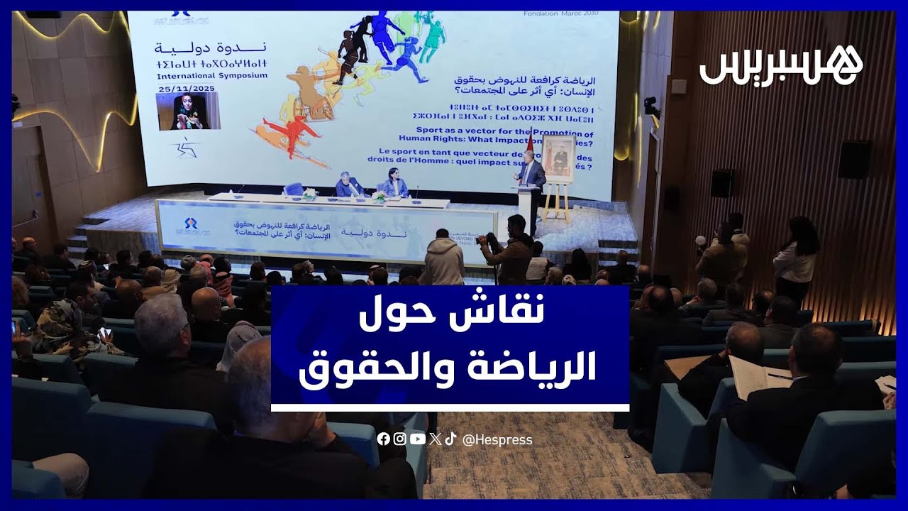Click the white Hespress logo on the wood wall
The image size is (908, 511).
click(781, 67)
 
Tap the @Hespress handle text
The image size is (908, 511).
click(497, 440)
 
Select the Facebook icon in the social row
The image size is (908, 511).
click(383, 439)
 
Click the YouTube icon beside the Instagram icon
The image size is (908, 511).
click(417, 439)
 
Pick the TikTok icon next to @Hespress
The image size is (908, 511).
click(450, 439)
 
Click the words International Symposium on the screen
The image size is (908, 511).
click(212, 75)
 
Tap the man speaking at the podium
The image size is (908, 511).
click(531, 170)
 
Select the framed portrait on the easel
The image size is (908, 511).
click(558, 157)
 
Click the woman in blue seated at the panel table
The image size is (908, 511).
click(394, 185)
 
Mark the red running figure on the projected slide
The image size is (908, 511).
click(291, 133)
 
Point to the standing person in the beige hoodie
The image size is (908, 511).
click(443, 259)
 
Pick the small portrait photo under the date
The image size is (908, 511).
click(187, 111)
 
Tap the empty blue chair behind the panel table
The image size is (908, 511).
click(294, 189)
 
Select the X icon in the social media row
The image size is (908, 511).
click(434, 439)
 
